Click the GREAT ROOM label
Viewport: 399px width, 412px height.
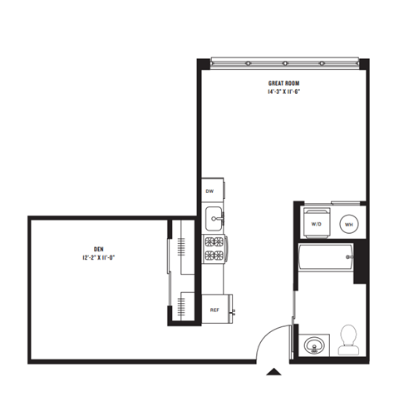pyautogui.click(x=283, y=83)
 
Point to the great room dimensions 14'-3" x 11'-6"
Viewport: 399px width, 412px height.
pyautogui.click(x=283, y=92)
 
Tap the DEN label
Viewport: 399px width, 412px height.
pyautogui.click(x=98, y=248)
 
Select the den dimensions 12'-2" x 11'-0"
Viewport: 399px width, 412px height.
pyautogui.click(x=98, y=257)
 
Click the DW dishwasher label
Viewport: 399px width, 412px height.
pyautogui.click(x=210, y=191)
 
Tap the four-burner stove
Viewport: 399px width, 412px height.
pyautogui.click(x=214, y=247)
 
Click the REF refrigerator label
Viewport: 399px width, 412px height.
pyautogui.click(x=214, y=310)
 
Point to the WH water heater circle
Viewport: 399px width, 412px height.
pyautogui.click(x=349, y=224)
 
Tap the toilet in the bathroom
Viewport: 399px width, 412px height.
pyautogui.click(x=348, y=339)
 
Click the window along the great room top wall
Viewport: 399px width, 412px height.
pyautogui.click(x=283, y=62)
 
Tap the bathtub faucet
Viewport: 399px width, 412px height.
pyautogui.click(x=348, y=259)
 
